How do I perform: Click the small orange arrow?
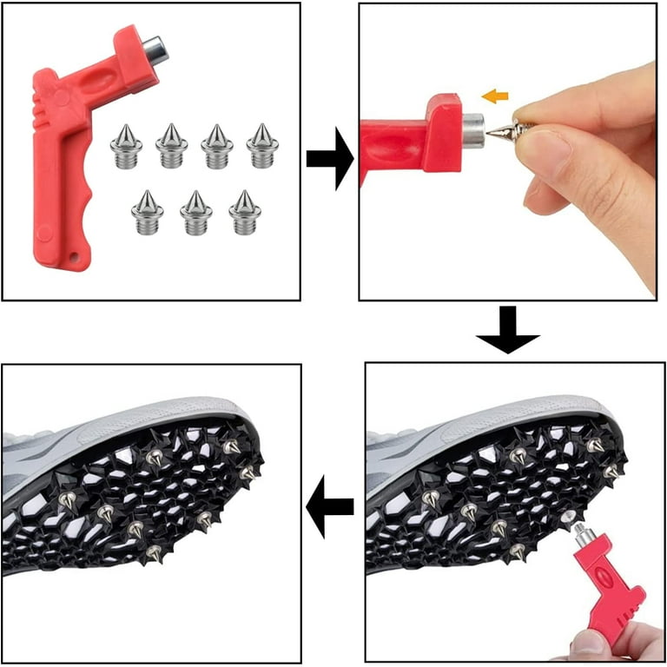point(495,96)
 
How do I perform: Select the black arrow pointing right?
point(329,158)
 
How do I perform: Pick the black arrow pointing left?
point(331,505)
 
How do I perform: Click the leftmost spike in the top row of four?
point(127,147)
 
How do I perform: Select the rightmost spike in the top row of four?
point(261,147)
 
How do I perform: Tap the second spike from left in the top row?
point(172,147)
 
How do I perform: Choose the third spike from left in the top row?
point(217,147)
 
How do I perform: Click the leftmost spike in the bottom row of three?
point(148,213)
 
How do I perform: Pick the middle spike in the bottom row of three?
point(196,213)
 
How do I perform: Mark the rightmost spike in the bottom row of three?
point(246,213)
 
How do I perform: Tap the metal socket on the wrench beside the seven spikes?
point(155,48)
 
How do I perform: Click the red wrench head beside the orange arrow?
point(443,130)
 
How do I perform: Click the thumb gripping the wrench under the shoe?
point(591,643)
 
